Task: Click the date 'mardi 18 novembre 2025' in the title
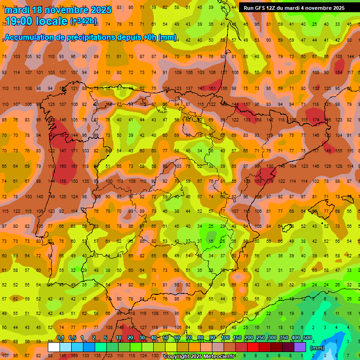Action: click(x=59, y=10)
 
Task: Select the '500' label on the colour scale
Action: click(x=307, y=338)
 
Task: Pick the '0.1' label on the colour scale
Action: click(x=60, y=338)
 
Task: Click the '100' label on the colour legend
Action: click(x=225, y=338)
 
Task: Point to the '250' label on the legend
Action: click(x=260, y=338)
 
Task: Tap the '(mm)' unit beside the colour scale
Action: click(x=318, y=348)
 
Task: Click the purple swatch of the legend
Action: click(x=300, y=347)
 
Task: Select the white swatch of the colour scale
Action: click(x=54, y=347)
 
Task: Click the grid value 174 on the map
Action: click(x=316, y=120)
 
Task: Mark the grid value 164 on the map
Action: click(x=339, y=72)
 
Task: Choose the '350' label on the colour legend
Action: click(x=284, y=338)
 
